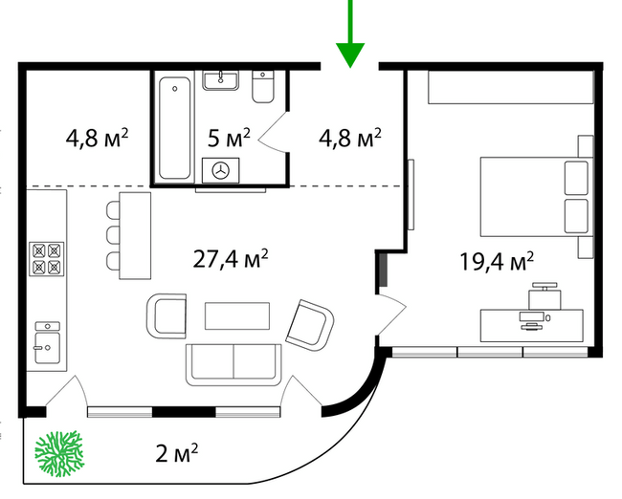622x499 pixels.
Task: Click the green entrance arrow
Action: tap(350, 35)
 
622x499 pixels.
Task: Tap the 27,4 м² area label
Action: tap(231, 260)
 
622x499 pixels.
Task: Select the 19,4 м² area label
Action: tap(497, 262)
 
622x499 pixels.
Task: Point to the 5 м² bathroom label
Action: tap(229, 138)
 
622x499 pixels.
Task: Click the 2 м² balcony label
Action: tap(176, 453)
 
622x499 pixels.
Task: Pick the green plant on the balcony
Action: tap(59, 453)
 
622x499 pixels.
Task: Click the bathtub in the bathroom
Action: tap(174, 128)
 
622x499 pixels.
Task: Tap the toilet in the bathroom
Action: tap(263, 87)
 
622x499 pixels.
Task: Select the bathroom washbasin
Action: tap(221, 80)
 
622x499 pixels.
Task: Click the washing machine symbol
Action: tap(220, 170)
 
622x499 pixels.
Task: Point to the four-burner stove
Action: tap(47, 259)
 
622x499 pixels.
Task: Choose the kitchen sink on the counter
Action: tap(48, 343)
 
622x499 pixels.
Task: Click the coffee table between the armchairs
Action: tap(237, 315)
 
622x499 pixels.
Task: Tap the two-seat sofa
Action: tap(233, 365)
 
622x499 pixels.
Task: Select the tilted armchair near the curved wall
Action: tap(310, 325)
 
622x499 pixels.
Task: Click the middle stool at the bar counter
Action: tap(113, 235)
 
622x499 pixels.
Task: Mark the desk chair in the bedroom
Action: tap(544, 296)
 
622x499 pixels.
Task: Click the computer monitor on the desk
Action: tap(531, 316)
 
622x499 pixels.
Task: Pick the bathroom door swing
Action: tap(274, 132)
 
